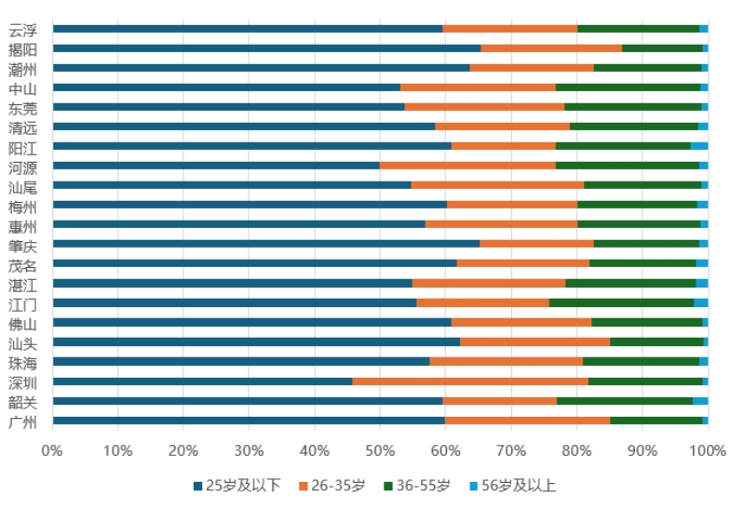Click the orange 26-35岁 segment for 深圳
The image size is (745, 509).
click(x=470, y=382)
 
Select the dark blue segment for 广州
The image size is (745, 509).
click(x=249, y=421)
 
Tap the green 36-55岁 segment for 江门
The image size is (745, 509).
click(x=621, y=302)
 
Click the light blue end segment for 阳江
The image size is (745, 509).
click(x=698, y=146)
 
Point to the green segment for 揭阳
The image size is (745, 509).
click(x=662, y=47)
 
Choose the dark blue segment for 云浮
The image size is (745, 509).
click(x=248, y=29)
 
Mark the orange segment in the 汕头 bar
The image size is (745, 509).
click(x=535, y=342)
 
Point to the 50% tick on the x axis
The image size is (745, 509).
click(x=380, y=451)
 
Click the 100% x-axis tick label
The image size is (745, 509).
click(x=707, y=451)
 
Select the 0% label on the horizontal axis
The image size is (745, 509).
click(x=52, y=451)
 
